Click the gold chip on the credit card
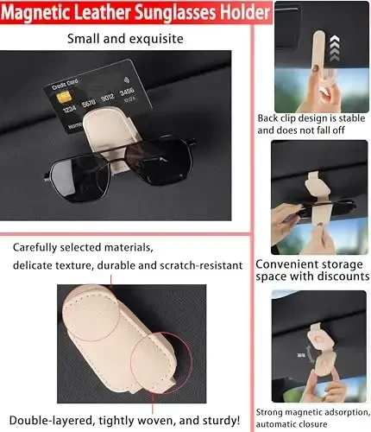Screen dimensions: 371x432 tap(63, 97)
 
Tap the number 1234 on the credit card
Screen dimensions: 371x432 tap(69, 109)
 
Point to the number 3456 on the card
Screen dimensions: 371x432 tap(127, 92)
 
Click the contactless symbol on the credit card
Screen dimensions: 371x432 tap(126, 79)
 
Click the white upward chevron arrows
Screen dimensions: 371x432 tap(335, 48)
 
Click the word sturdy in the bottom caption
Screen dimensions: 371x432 tap(221, 421)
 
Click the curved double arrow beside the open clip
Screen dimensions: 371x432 tap(310, 354)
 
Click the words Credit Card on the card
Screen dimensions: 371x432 tap(65, 85)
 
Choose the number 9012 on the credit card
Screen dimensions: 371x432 tap(108, 98)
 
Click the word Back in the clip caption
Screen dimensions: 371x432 tap(267, 118)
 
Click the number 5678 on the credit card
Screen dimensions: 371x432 tap(89, 103)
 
